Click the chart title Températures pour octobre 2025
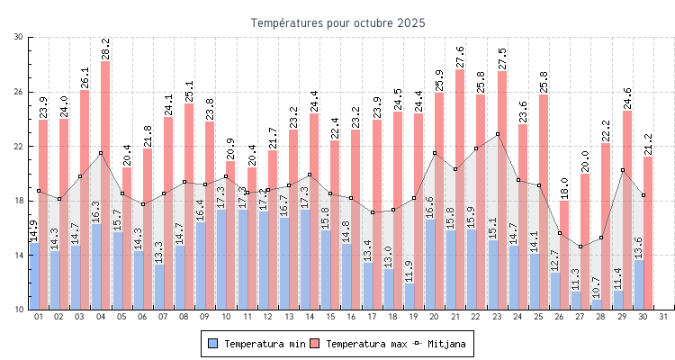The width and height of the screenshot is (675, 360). tap(337, 22)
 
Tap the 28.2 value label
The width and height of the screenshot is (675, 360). tap(105, 49)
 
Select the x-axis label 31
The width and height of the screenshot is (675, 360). tap(663, 317)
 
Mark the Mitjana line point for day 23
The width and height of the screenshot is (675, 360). tap(498, 134)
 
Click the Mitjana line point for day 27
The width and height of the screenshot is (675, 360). tap(580, 247)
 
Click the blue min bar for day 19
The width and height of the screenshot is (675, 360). tap(409, 297)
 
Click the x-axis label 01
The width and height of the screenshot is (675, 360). tap(39, 317)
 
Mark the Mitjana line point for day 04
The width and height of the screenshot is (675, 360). tap(101, 153)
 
